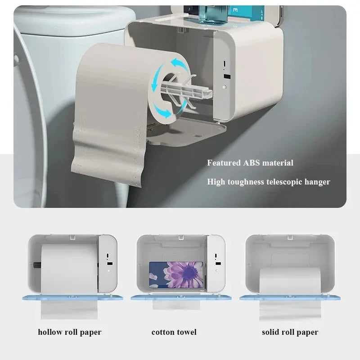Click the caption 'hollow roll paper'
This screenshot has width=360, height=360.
click(70, 333)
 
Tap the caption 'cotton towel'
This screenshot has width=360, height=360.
click(174, 333)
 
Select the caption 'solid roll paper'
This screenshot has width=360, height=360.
click(290, 333)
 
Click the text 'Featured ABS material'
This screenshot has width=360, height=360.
click(250, 163)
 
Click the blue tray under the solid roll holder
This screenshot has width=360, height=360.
click(288, 298)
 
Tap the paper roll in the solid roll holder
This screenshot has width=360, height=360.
click(290, 281)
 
